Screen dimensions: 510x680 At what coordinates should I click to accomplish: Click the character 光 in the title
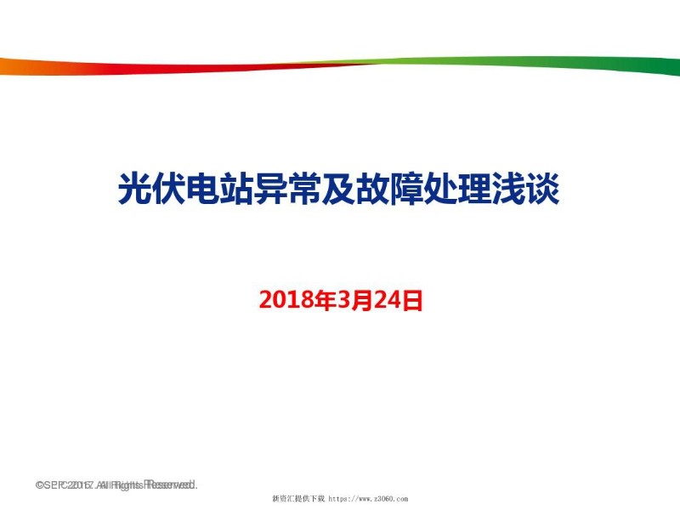pos(135,189)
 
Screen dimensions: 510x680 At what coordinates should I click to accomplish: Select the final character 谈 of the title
pos(544,189)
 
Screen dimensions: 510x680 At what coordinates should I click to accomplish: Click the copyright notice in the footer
pos(116,485)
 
